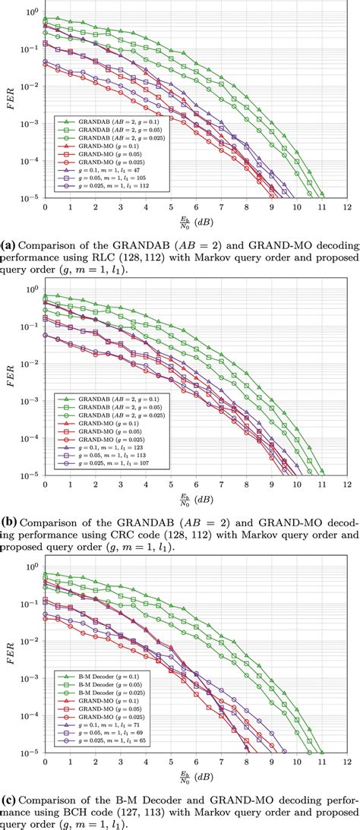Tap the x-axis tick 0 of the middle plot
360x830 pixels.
tap(45, 484)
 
